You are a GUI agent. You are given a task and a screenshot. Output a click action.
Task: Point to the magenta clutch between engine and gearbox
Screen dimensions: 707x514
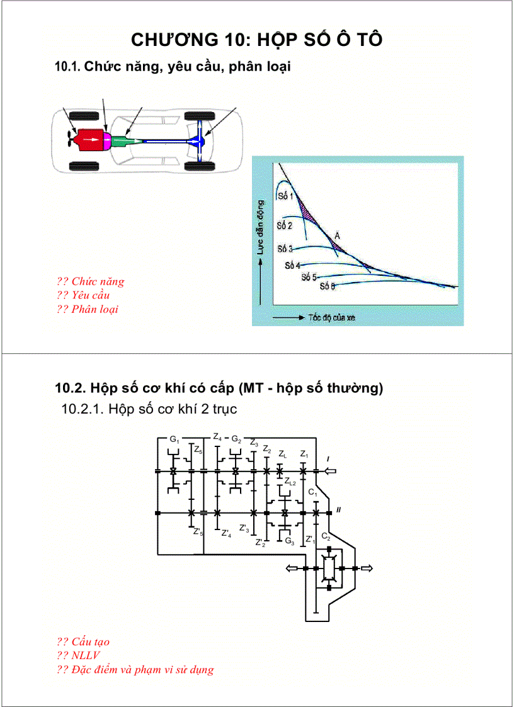(107, 139)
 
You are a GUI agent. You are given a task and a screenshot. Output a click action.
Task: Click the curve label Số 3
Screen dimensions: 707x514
(285, 249)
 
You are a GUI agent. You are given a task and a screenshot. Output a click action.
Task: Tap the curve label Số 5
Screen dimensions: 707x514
(309, 277)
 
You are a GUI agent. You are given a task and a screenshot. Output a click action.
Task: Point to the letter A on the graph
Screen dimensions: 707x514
(338, 235)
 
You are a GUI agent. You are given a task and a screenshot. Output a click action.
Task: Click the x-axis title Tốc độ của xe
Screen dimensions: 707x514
(331, 318)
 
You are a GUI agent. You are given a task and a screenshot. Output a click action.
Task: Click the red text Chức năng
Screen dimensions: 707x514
(98, 281)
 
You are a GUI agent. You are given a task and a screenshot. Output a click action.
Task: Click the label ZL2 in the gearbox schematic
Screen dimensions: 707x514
(290, 482)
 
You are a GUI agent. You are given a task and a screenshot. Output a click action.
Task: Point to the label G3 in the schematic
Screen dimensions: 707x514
(289, 541)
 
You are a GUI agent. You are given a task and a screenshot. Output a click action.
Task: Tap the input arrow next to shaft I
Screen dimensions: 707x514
(330, 471)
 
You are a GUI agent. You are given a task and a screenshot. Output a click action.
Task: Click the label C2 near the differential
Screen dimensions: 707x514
(326, 536)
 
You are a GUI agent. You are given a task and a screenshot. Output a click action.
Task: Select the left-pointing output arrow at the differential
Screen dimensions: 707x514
(292, 568)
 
